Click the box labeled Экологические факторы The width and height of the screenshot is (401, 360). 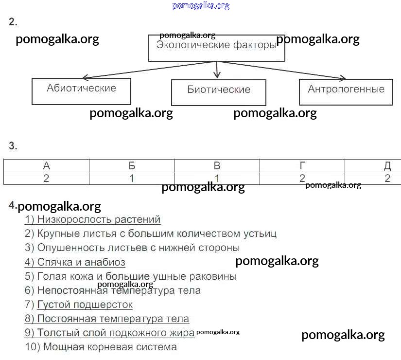click(x=216, y=48)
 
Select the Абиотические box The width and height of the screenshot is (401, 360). click(x=81, y=91)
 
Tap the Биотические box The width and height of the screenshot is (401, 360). click(x=219, y=92)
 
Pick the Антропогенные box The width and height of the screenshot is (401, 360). click(x=346, y=91)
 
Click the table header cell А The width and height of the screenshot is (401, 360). click(x=47, y=166)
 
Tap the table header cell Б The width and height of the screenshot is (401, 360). click(x=132, y=166)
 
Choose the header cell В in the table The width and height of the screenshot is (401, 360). click(x=217, y=166)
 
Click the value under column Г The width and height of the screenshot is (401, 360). click(x=302, y=178)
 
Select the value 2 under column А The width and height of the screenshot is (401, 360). click(x=47, y=178)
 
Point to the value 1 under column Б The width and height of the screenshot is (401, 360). click(x=132, y=178)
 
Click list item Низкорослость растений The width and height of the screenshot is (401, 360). click(x=92, y=220)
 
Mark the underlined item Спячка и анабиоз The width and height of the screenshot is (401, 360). click(x=75, y=263)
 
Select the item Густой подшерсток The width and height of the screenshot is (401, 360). click(x=78, y=305)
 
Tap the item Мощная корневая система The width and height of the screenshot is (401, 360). click(x=101, y=347)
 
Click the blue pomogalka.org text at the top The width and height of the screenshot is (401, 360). click(x=201, y=6)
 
